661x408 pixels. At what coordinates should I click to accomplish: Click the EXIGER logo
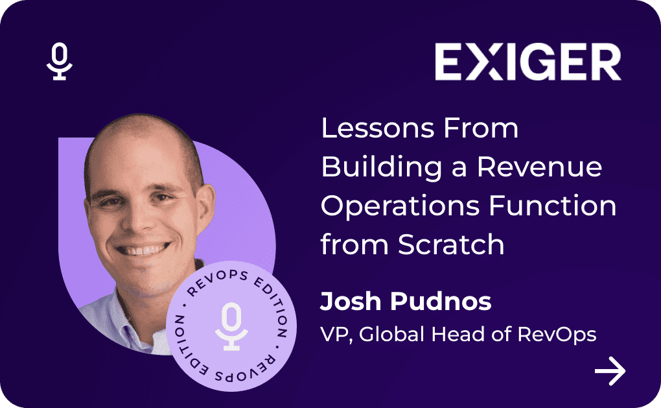528,62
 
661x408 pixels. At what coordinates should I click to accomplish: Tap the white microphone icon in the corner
60,61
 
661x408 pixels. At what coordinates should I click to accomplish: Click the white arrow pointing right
610,371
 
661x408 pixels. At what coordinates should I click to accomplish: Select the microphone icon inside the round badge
231,326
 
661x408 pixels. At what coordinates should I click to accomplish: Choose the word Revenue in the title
539,167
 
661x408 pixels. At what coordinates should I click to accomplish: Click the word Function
552,206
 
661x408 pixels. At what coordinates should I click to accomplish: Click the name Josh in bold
351,301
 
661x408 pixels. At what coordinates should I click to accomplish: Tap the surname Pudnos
441,301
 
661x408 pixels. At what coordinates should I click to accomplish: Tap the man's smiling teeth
142,250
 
